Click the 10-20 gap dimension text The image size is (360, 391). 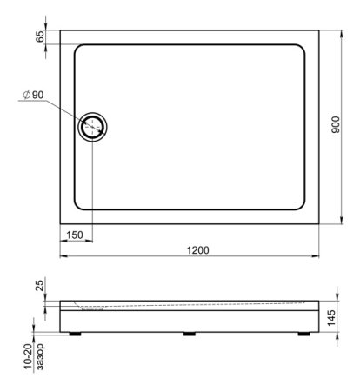(x=29, y=357)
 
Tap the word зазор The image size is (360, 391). (x=41, y=357)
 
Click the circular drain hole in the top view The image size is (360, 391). (x=92, y=127)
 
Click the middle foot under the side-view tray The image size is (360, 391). (x=190, y=333)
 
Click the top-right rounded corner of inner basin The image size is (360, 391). (x=302, y=50)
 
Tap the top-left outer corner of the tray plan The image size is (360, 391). (x=60, y=31)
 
